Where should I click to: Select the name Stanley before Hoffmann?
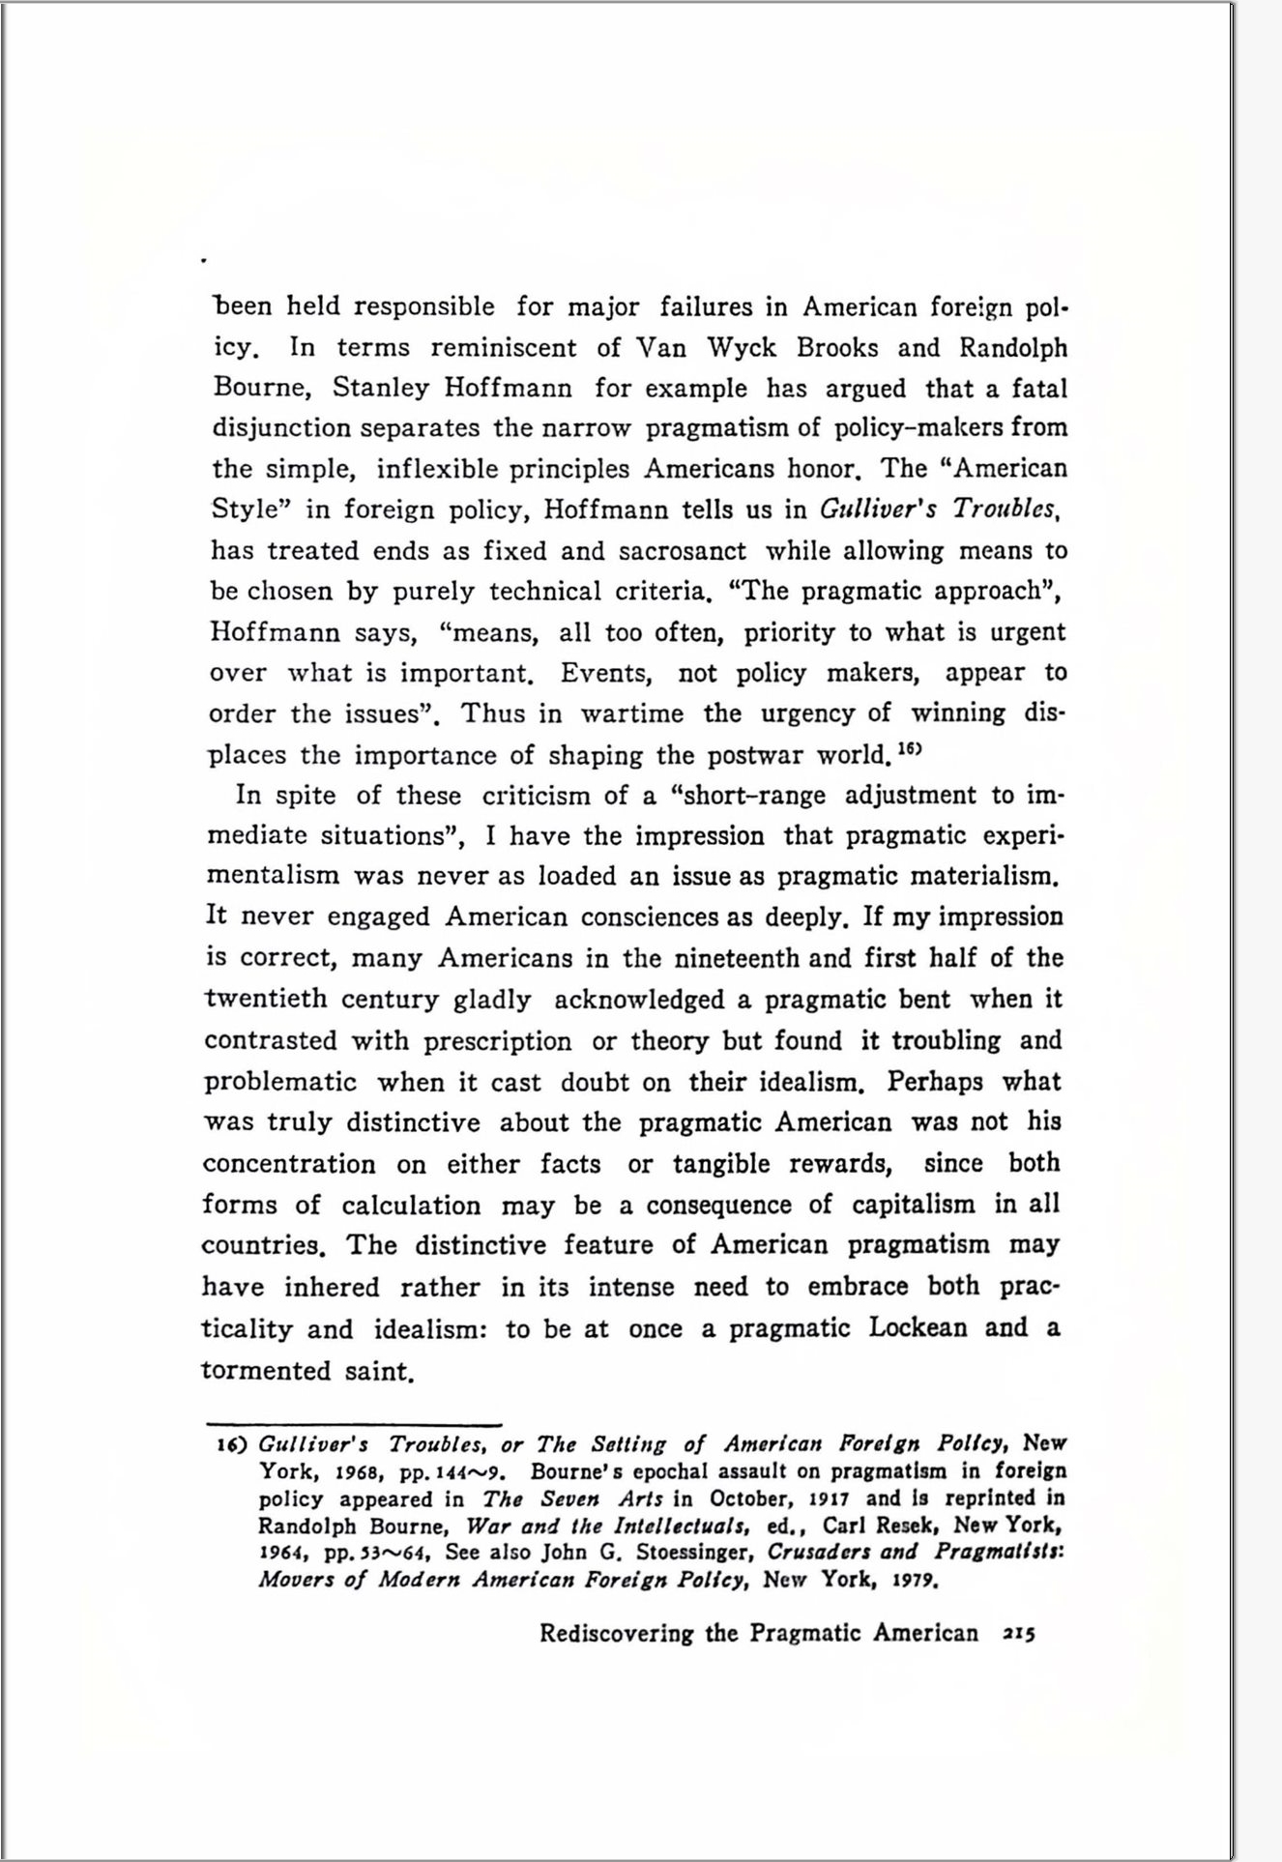tap(381, 389)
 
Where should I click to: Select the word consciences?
tap(650, 917)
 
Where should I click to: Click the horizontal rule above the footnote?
tap(354, 1424)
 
